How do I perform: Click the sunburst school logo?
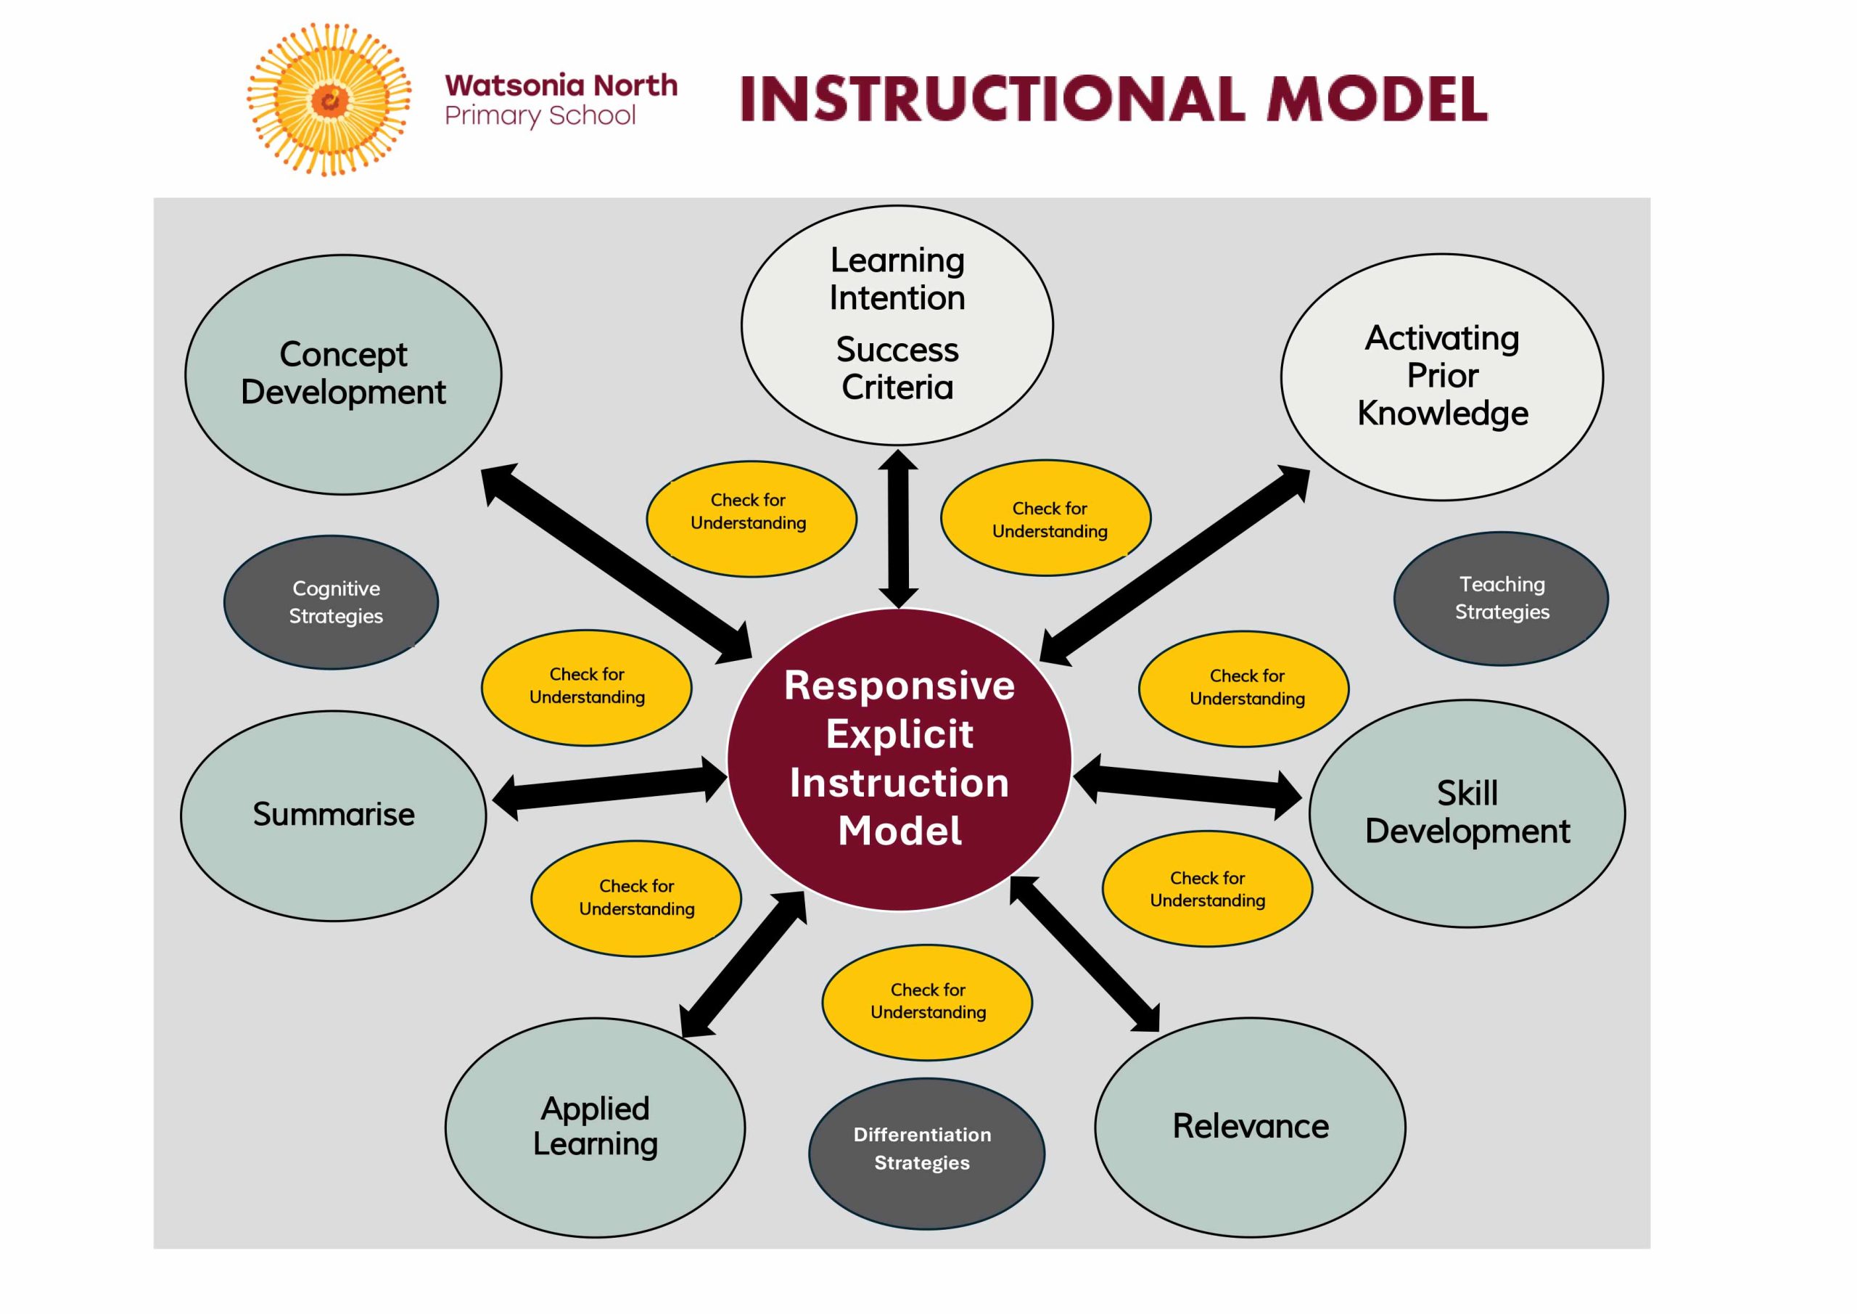329,99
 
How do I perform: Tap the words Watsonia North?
561,85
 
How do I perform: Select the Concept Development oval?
343,374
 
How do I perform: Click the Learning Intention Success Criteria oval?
897,324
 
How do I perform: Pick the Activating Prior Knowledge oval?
1441,377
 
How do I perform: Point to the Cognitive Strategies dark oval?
332,602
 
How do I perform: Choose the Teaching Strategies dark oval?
1500,598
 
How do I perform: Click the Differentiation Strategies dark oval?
926,1153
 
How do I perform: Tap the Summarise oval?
333,815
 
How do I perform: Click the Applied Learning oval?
595,1126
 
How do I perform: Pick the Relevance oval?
1250,1126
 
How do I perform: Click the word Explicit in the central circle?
899,734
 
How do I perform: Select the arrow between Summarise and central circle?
610,788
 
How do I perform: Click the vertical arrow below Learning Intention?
898,529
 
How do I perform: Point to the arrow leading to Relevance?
1085,954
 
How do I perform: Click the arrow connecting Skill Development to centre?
1187,789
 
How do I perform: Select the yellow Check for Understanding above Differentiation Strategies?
927,1002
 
